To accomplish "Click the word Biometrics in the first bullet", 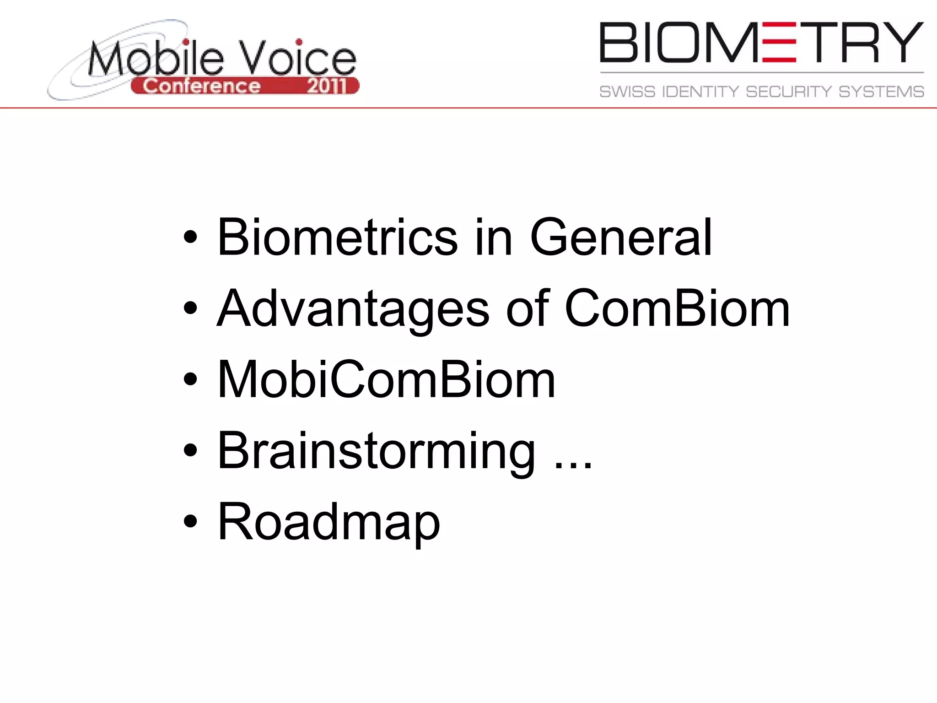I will click(x=338, y=237).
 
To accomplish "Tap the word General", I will click(x=621, y=237).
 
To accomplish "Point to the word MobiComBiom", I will click(x=387, y=379).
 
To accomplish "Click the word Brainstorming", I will click(x=376, y=452).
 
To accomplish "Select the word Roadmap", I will click(x=328, y=522).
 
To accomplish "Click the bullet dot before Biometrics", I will click(x=190, y=237).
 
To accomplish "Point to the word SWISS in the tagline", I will click(x=627, y=92).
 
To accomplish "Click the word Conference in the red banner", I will click(x=202, y=86).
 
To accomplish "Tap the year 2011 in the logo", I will click(x=327, y=86).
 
